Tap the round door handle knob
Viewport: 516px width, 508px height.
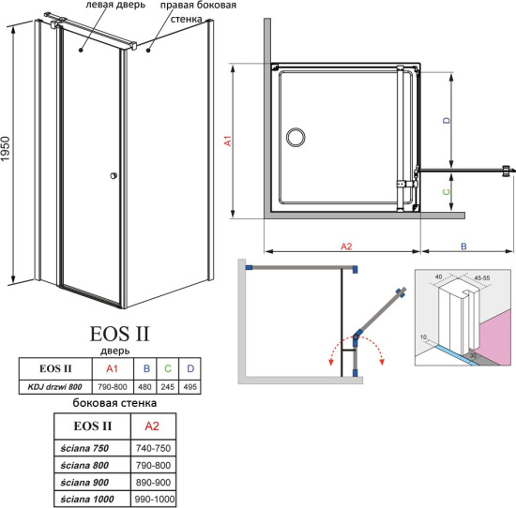coord(114,175)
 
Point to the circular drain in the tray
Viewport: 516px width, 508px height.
coord(296,138)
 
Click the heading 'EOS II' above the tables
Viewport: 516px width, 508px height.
coord(118,333)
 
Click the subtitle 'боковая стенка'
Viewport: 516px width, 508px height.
coord(114,404)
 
